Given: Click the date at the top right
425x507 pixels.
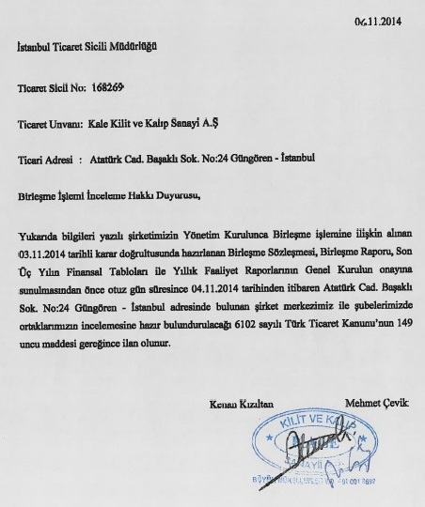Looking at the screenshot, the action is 374,21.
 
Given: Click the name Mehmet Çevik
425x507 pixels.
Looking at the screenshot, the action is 379,404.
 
